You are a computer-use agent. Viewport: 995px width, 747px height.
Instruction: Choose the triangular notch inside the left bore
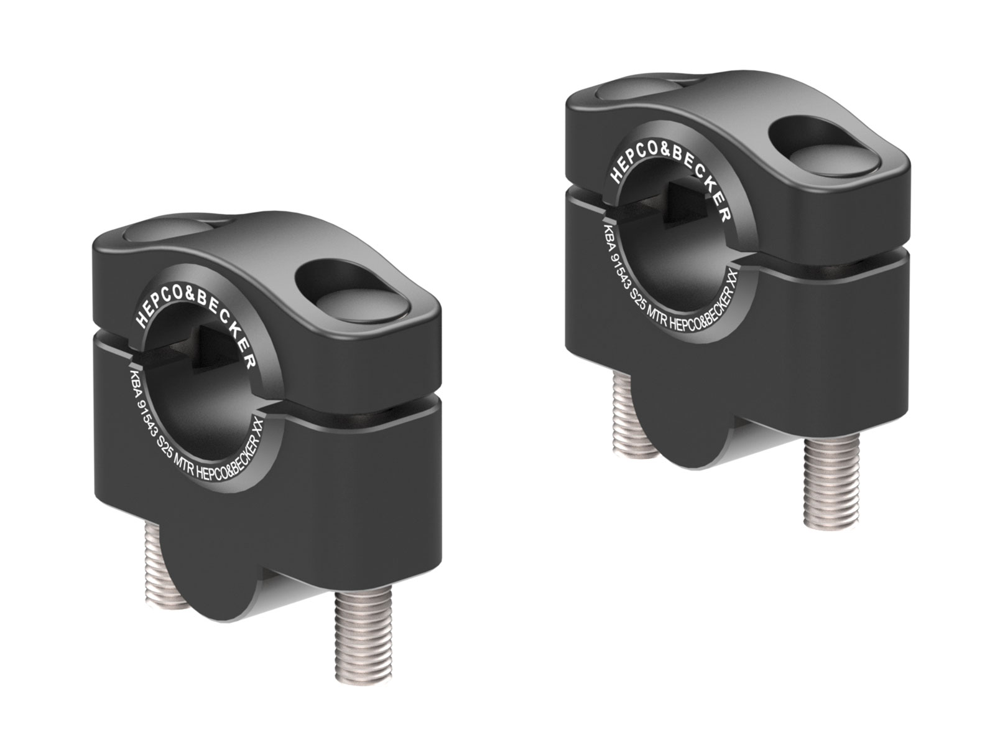point(215,352)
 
